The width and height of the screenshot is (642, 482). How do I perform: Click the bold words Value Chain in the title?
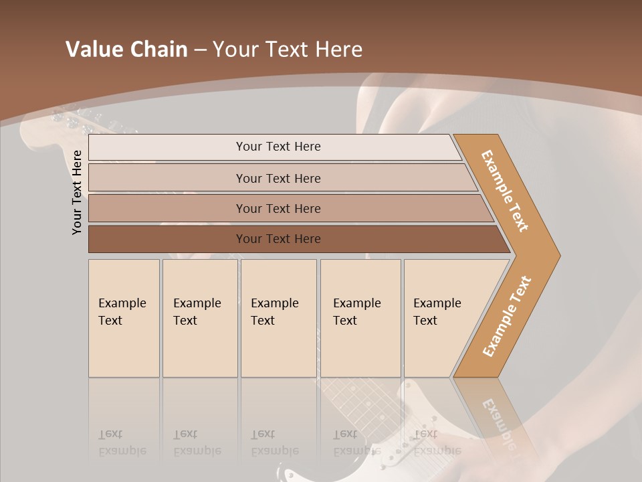[126, 50]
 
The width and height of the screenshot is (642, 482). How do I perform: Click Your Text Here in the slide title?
[288, 50]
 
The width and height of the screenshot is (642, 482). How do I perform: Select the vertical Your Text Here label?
[77, 192]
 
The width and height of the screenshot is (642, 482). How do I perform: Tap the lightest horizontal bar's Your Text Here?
[278, 147]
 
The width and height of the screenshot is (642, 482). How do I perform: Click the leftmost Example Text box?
[124, 318]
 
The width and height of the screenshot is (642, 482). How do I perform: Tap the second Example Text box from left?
[200, 318]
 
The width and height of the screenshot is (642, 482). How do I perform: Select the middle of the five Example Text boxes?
[278, 318]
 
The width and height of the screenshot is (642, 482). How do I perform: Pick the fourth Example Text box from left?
[360, 318]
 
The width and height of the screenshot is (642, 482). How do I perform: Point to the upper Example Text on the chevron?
[505, 191]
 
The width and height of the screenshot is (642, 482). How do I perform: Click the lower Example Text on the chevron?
[506, 317]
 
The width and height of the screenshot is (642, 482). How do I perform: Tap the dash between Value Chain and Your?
[200, 50]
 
